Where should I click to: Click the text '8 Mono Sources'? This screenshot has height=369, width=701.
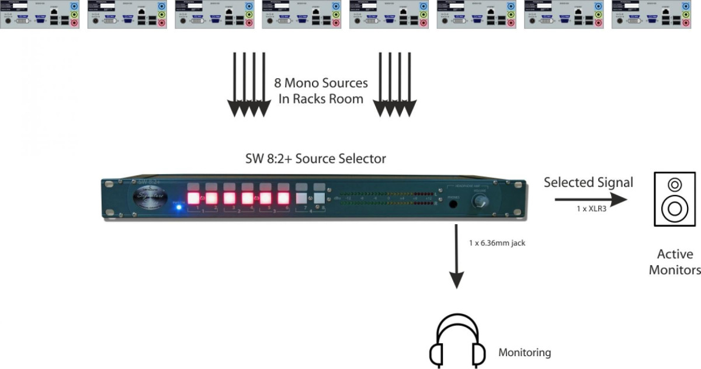(322, 83)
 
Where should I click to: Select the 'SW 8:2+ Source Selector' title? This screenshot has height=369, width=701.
(315, 159)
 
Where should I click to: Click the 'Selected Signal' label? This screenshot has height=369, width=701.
(588, 182)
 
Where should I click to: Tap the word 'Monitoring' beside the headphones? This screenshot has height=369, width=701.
(524, 353)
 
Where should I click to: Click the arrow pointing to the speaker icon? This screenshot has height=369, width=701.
(590, 199)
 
